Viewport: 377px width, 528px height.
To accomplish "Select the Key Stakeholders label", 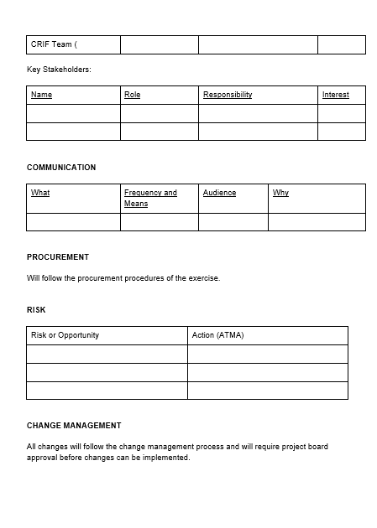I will (x=59, y=70).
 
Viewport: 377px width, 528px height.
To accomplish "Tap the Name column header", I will (x=41, y=95).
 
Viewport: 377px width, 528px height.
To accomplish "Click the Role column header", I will (x=132, y=95).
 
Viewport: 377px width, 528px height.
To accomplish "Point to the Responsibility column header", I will (x=228, y=95).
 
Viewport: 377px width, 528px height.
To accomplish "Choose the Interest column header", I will (x=335, y=95).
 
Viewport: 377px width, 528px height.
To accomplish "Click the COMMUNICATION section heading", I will (x=61, y=168).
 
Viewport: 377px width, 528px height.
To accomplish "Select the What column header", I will (x=40, y=193).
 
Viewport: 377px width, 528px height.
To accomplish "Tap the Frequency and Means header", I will (x=150, y=198).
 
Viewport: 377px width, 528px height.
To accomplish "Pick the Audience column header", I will (x=219, y=193).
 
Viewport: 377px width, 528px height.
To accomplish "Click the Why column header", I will (x=280, y=193).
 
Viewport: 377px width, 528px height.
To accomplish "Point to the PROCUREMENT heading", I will (x=58, y=257).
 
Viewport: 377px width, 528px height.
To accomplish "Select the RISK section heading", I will (x=36, y=310).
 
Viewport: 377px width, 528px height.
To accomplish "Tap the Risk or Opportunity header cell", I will (x=65, y=335).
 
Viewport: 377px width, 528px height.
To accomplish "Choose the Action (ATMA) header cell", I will (x=217, y=335).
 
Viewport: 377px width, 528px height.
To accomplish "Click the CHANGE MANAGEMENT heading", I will (x=74, y=426).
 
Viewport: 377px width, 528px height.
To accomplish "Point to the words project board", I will (x=304, y=447).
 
